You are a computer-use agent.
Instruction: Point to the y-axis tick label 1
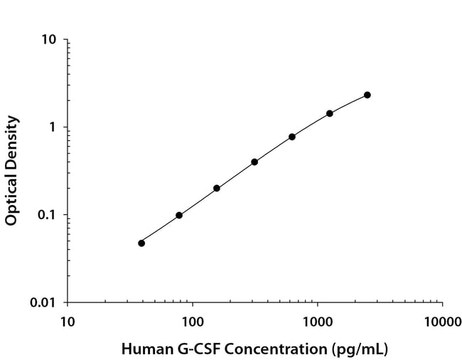(53, 127)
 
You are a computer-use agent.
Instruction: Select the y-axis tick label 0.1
(48, 215)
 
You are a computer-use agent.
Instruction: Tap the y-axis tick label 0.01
(44, 303)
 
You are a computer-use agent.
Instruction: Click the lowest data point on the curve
(141, 243)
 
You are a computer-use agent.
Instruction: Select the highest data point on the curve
(367, 95)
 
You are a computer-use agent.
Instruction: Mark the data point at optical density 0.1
(179, 215)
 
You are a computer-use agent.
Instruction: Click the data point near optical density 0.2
(217, 189)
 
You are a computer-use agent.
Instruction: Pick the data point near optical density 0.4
(254, 162)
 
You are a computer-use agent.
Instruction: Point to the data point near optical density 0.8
(292, 137)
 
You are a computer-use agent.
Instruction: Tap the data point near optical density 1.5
(330, 113)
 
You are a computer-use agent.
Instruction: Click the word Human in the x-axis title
(142, 349)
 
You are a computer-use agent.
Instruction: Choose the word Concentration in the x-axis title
(275, 349)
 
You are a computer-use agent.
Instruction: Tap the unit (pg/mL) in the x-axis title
(360, 349)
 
